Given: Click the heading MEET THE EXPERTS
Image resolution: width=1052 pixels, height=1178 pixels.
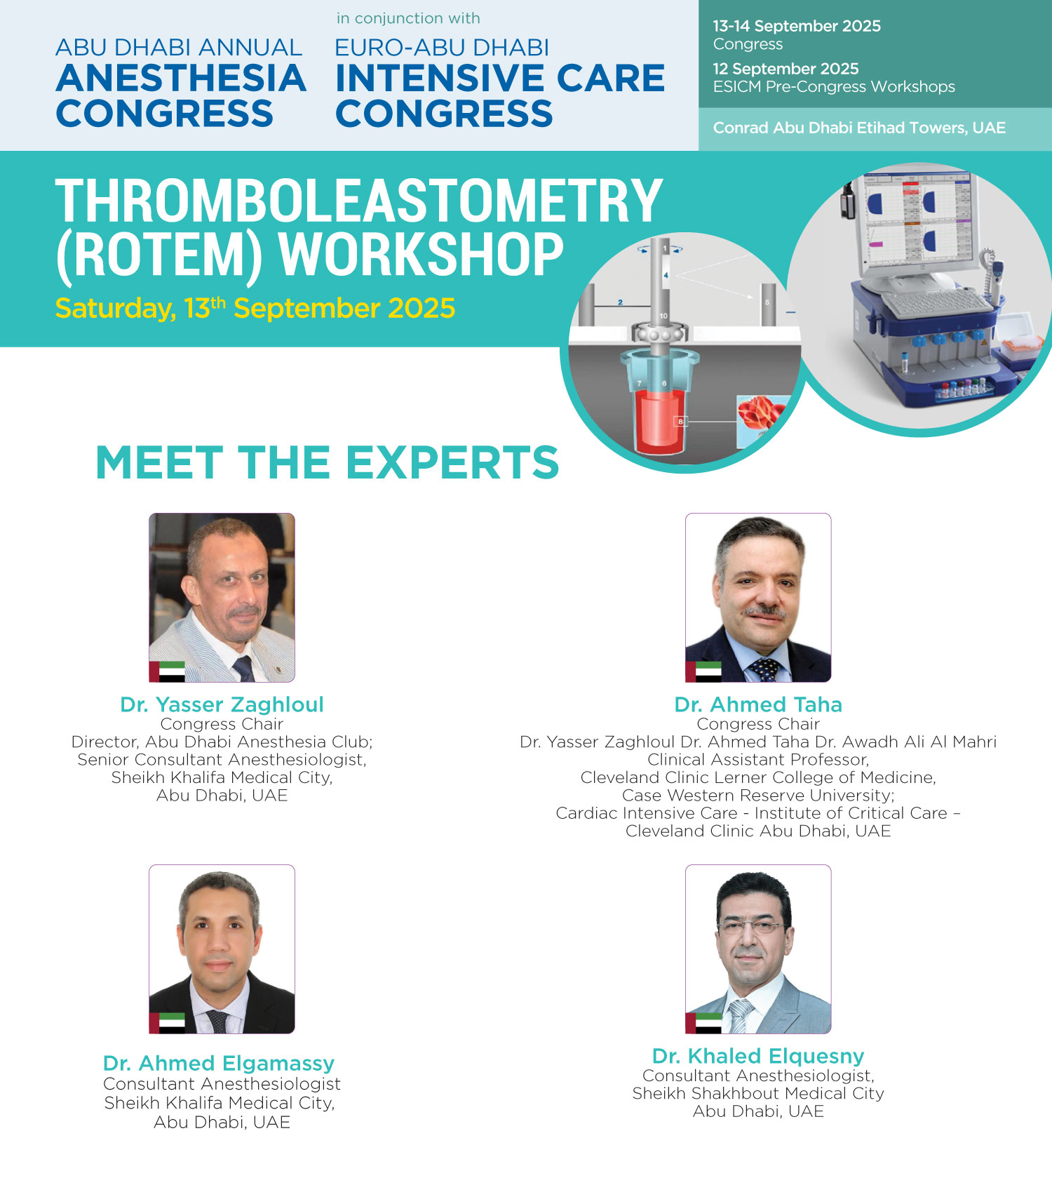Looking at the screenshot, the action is click(327, 462).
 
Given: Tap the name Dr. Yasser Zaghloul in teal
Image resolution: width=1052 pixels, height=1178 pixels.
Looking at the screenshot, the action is click(222, 704).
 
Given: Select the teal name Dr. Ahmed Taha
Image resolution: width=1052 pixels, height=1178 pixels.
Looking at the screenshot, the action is click(758, 704).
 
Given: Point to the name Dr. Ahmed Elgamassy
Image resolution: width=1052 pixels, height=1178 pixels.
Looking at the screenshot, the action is click(219, 1064).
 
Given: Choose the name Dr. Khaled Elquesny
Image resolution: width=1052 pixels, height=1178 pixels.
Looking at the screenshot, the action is click(758, 1056).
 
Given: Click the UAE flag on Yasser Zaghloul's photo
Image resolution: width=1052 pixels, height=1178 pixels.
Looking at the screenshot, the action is click(167, 671).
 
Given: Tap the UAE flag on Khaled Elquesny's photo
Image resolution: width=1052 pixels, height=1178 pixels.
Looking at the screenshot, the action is click(703, 1023).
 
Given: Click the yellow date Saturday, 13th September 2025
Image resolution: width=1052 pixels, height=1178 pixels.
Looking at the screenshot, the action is click(255, 308).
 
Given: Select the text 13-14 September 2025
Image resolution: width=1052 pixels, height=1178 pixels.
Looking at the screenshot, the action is click(797, 26).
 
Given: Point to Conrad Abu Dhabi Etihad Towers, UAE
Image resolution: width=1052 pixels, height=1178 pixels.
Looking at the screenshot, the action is click(859, 128).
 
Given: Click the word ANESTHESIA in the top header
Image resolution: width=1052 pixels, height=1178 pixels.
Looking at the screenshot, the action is click(181, 78).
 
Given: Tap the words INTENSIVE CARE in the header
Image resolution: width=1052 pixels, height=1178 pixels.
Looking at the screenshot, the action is click(500, 78).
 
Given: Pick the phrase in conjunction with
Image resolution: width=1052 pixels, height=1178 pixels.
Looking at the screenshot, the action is click(408, 18).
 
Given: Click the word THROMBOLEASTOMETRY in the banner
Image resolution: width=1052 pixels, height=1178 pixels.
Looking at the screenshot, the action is click(358, 201).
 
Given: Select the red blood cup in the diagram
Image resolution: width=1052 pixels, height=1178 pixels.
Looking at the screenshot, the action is click(659, 421).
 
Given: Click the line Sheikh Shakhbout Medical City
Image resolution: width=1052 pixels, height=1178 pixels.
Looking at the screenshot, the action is click(758, 1093).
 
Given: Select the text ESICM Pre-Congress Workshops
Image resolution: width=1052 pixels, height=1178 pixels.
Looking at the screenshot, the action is click(834, 87).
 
